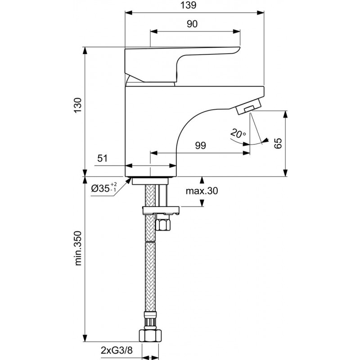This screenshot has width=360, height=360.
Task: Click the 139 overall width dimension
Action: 188,5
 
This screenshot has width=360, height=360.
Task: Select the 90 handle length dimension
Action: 192,24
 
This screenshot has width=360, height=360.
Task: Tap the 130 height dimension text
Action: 78,105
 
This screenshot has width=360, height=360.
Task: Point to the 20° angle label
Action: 238,133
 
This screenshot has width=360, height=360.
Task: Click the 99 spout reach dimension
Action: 200,145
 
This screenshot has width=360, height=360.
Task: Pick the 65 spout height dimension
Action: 278,143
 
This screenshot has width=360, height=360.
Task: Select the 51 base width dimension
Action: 103,158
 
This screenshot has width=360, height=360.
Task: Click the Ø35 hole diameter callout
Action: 104,188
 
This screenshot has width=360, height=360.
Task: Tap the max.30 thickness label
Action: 202,191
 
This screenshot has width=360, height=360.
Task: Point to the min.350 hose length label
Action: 78,248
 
